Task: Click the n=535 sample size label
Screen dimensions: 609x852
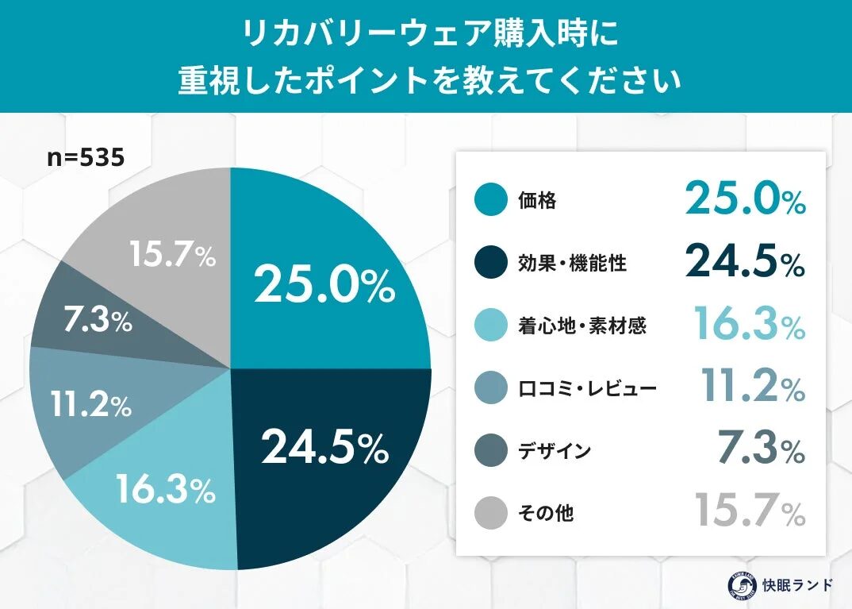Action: coord(86,157)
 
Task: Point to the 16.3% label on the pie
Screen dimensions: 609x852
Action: coord(165,489)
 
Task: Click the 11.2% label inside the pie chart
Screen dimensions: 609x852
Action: coord(90,405)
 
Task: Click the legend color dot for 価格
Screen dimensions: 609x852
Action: coord(490,200)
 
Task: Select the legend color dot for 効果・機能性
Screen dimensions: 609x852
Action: coord(490,263)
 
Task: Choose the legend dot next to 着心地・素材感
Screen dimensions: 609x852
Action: coord(490,326)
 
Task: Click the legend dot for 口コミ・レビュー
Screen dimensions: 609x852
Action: coord(490,388)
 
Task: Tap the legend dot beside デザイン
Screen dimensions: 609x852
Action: coord(490,451)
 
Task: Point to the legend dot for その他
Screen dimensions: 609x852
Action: coord(490,514)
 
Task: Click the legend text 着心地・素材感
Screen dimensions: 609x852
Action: coord(581,326)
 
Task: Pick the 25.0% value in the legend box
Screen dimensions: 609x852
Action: coord(745,199)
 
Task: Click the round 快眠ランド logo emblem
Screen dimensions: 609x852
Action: coord(742,585)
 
